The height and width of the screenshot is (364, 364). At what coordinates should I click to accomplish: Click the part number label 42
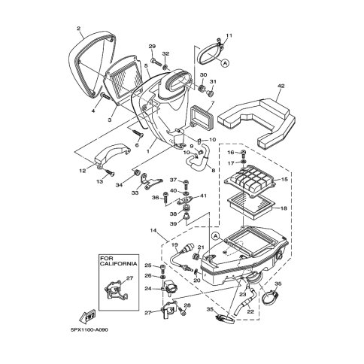[281, 86]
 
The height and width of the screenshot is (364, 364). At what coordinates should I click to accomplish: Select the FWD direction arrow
[87, 316]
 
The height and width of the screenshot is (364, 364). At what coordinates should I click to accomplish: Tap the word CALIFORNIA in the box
[119, 263]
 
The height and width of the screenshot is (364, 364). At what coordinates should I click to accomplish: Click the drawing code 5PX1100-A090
[89, 329]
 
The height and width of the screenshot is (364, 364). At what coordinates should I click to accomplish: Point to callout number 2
[78, 29]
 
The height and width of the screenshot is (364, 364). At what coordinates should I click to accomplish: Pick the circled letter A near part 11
[225, 62]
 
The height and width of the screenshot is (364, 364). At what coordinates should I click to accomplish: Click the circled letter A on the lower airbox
[215, 236]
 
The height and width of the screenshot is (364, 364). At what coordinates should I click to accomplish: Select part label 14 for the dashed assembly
[153, 230]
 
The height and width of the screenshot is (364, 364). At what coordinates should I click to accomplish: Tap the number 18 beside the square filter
[284, 208]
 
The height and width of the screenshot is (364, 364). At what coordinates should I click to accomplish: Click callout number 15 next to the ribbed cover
[284, 180]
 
